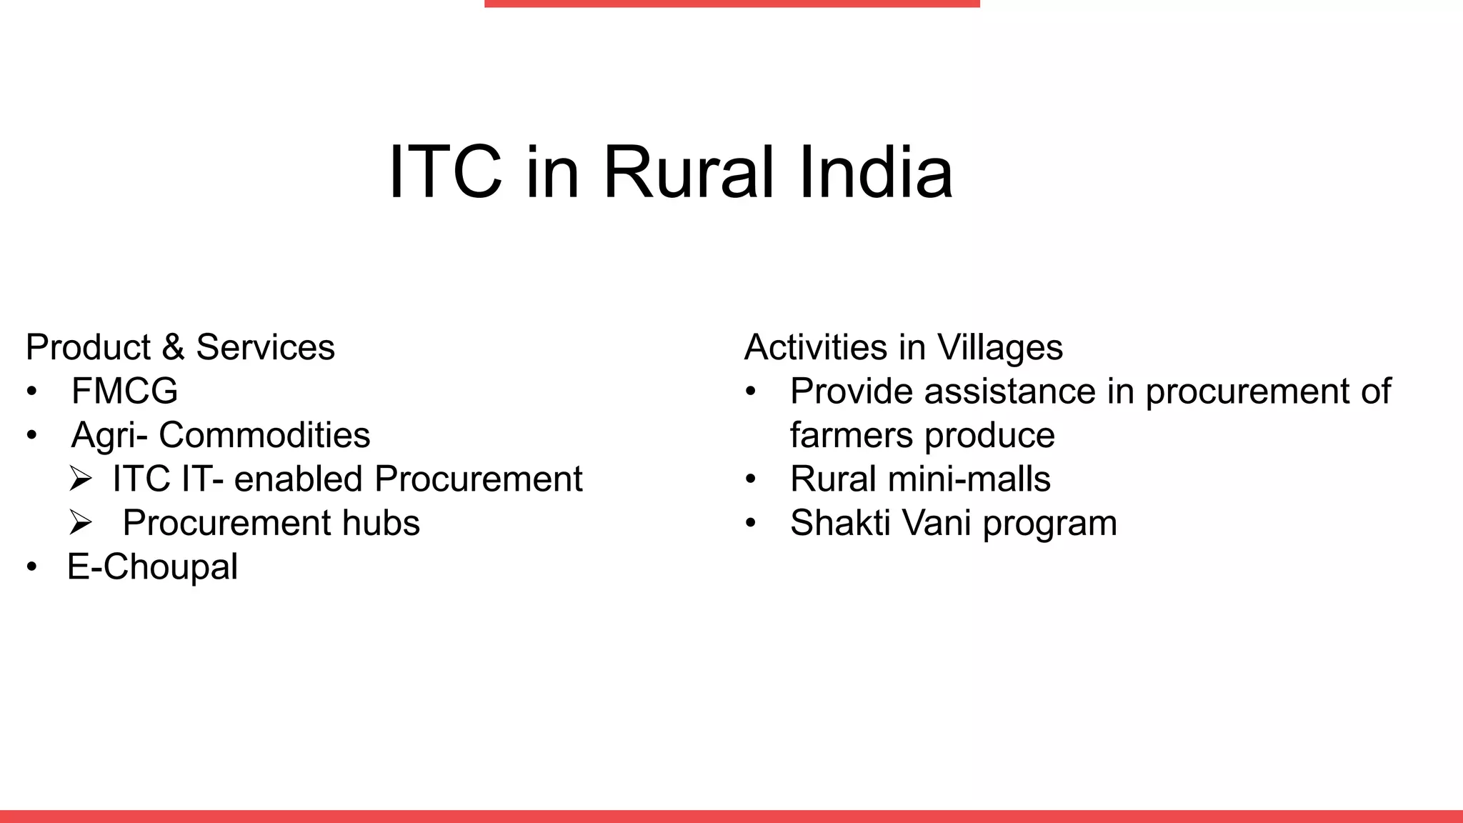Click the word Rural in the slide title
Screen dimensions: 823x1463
pyautogui.click(x=688, y=173)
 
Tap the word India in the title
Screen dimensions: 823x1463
pyautogui.click(x=875, y=173)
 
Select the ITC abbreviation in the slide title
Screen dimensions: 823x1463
pyautogui.click(x=444, y=173)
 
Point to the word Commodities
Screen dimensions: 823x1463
pyautogui.click(x=264, y=435)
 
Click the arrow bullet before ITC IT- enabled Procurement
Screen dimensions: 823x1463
pyautogui.click(x=81, y=479)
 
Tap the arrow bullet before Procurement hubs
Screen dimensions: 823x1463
pyautogui.click(x=81, y=524)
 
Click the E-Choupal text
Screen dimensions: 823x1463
pyautogui.click(x=152, y=567)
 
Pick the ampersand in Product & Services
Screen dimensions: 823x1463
pyautogui.click(x=173, y=348)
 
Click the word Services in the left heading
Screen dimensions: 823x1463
pyautogui.click(x=265, y=348)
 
